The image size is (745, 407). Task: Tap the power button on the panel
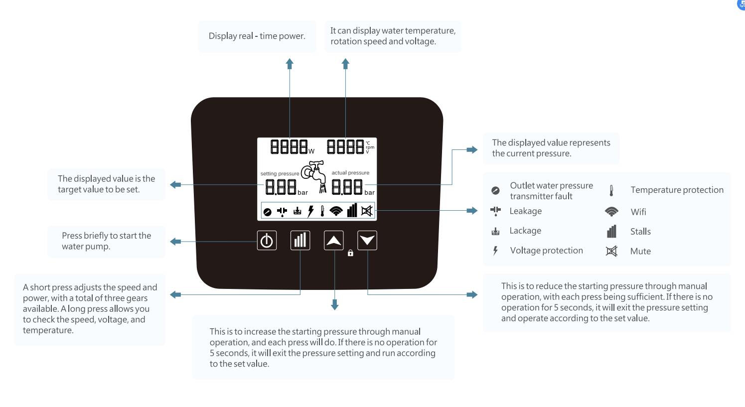[267, 241]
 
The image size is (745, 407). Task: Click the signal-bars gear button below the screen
[300, 241]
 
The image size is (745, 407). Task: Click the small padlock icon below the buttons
[350, 253]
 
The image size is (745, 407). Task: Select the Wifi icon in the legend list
[611, 212]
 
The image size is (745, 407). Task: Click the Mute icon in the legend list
[611, 251]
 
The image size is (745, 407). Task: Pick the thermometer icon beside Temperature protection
[611, 190]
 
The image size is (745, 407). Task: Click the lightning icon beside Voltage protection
[495, 251]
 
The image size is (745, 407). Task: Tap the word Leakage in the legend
[525, 211]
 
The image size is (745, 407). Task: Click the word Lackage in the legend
[525, 231]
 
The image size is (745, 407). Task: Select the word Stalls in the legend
[640, 232]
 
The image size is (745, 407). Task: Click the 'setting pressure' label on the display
[280, 174]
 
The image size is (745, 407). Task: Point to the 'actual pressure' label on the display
[350, 173]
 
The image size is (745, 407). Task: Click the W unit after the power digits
[311, 151]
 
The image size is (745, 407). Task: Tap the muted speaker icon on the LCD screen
[367, 211]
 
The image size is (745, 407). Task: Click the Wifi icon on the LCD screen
[336, 211]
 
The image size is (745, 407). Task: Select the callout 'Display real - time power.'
[257, 36]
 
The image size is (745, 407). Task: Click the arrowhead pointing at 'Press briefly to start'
[174, 242]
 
